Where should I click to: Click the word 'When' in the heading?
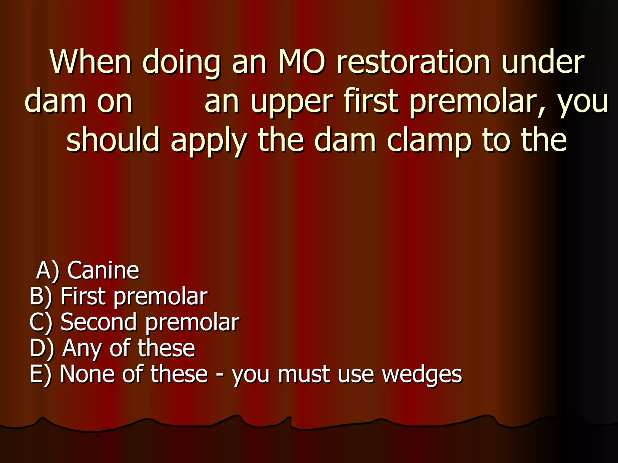click(91, 62)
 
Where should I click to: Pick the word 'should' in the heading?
click(113, 140)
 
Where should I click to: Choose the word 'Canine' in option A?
click(103, 270)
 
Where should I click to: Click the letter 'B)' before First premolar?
click(41, 297)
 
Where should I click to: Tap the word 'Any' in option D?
click(81, 349)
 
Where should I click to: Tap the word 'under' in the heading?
click(543, 62)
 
